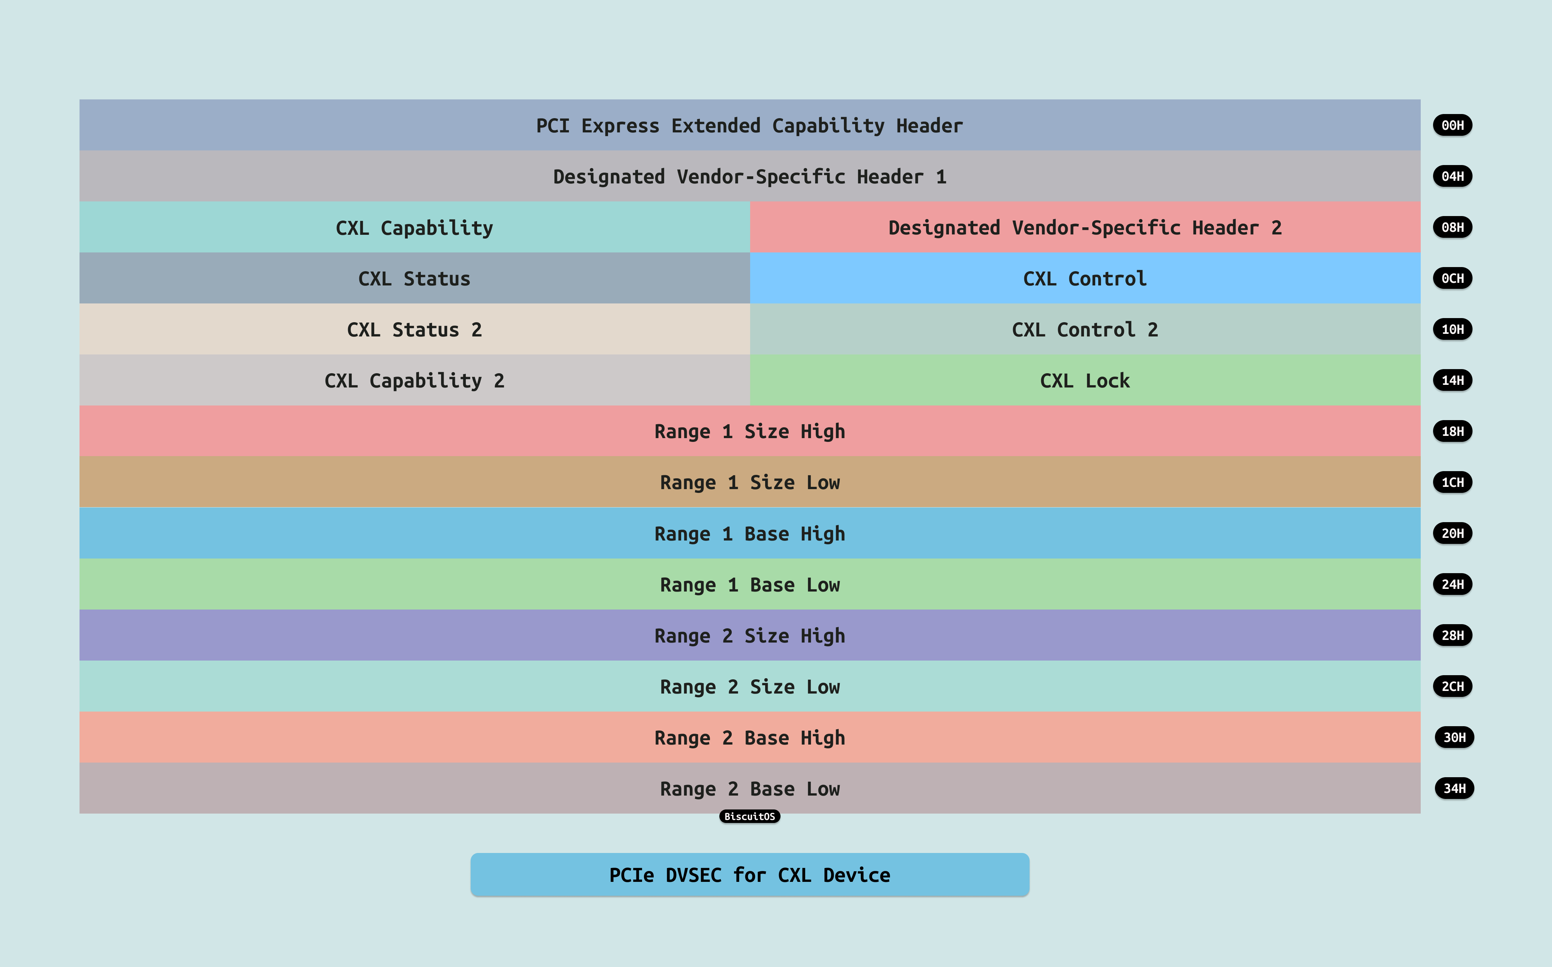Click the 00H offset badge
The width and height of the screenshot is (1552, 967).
(x=1452, y=125)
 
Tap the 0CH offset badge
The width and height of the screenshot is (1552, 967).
(x=1452, y=278)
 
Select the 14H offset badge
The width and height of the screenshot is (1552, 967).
(x=1452, y=380)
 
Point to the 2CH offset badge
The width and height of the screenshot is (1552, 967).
(x=1452, y=686)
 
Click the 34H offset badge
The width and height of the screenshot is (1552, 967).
(x=1454, y=788)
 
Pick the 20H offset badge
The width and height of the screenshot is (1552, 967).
(x=1452, y=533)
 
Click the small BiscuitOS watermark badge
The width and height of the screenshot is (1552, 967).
(x=749, y=817)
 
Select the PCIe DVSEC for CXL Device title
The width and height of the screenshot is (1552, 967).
(x=749, y=875)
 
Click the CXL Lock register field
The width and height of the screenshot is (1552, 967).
(x=1085, y=380)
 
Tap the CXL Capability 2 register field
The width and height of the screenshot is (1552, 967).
(x=414, y=380)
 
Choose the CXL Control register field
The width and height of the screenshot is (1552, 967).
(x=1085, y=278)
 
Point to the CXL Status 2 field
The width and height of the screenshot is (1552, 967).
(x=414, y=329)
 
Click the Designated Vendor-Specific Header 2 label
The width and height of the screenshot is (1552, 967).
(x=1085, y=228)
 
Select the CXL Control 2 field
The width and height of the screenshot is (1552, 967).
(x=1085, y=329)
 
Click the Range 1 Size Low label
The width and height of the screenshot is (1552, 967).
(x=749, y=482)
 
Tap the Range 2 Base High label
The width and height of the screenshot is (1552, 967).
(x=749, y=737)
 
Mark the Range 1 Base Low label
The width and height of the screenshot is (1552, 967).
(x=749, y=584)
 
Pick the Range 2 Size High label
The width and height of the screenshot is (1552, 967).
(x=749, y=636)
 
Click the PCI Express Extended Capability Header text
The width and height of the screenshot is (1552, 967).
(x=749, y=125)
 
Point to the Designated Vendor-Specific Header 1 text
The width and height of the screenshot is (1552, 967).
(x=749, y=177)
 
